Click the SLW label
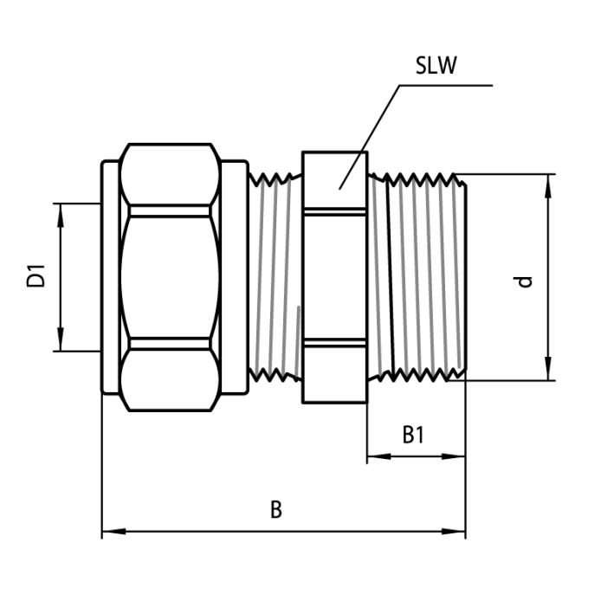click(436, 67)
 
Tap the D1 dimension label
click(36, 278)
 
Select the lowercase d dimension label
click(523, 281)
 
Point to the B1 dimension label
click(414, 434)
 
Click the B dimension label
click(275, 509)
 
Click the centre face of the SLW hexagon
click(334, 277)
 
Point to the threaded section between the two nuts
click(275, 277)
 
